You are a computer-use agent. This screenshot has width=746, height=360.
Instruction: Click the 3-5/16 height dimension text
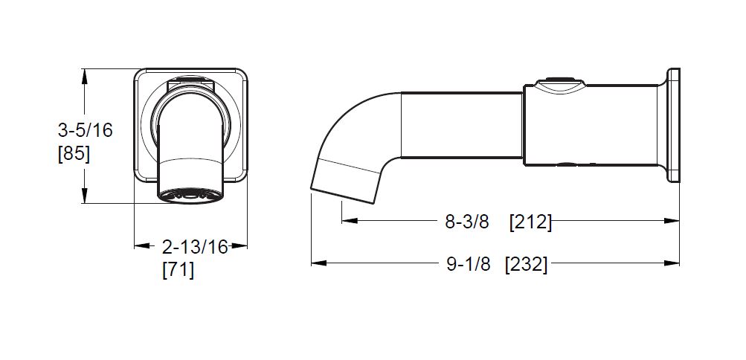coord(86,130)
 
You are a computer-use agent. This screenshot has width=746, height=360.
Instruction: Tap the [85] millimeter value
coord(74,154)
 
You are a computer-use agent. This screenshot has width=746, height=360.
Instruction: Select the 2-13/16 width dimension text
coord(195,247)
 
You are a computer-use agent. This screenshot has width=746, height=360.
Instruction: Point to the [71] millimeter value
coord(179,270)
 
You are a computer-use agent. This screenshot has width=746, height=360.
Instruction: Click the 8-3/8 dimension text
coord(467,222)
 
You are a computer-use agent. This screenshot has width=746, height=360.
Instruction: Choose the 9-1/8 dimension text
coord(468,264)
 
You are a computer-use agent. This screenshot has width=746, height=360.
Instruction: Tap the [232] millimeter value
coord(526,264)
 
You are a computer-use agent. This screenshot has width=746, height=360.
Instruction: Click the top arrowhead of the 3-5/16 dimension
coord(84,77)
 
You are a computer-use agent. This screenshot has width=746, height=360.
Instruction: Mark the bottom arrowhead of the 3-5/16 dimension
coord(84,196)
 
